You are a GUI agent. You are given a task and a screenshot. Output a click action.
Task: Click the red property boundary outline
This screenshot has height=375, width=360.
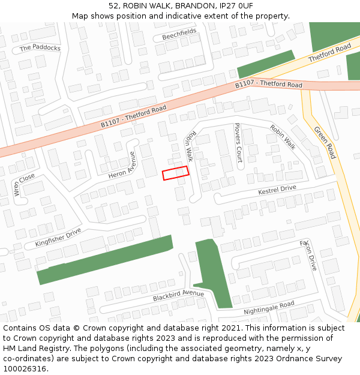click(x=176, y=173)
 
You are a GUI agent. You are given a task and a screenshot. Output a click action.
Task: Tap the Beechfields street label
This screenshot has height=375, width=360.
click(x=179, y=35)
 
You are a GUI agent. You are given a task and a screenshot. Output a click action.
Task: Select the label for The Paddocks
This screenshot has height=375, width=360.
click(x=40, y=48)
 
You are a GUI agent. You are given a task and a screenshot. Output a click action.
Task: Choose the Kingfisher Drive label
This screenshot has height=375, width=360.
click(x=58, y=236)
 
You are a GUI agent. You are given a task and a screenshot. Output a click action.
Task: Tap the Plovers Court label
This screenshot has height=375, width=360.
click(x=238, y=143)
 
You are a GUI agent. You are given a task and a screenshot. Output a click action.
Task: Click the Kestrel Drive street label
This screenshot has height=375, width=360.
click(x=277, y=190)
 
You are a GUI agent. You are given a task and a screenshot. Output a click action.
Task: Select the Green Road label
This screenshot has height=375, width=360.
click(x=325, y=142)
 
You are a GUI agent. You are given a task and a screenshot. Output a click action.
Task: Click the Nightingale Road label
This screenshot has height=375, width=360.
click(x=269, y=308)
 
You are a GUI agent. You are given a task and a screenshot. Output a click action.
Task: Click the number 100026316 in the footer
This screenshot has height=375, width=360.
click(x=25, y=368)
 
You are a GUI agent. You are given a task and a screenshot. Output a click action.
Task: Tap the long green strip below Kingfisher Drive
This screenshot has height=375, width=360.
click(x=105, y=259)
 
